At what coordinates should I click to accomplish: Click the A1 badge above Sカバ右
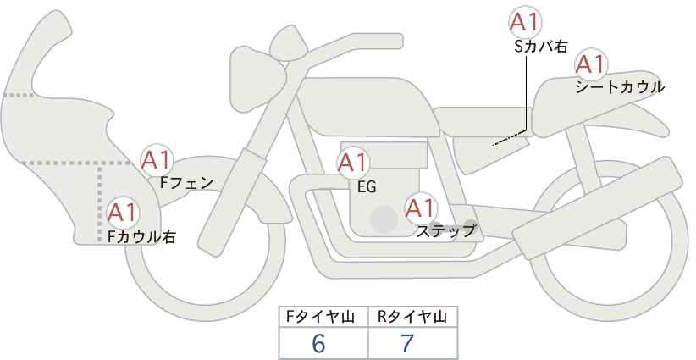pos(524,22)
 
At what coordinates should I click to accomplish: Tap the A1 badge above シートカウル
pos(589,64)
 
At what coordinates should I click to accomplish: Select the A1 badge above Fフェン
pos(157,159)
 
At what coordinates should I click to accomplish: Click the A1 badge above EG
pos(353,163)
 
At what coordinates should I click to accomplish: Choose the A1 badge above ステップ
pos(421,208)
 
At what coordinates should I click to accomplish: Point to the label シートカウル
pos(619,87)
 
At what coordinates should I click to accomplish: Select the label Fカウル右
pos(141,237)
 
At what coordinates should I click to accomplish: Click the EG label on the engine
pos(367,187)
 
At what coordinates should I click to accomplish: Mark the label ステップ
pos(446,230)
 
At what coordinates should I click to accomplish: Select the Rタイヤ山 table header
pos(412,317)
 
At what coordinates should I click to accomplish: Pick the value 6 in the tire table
pos(318,343)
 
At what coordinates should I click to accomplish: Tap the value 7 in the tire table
pos(408,343)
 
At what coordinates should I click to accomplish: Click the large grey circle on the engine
pos(384,219)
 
